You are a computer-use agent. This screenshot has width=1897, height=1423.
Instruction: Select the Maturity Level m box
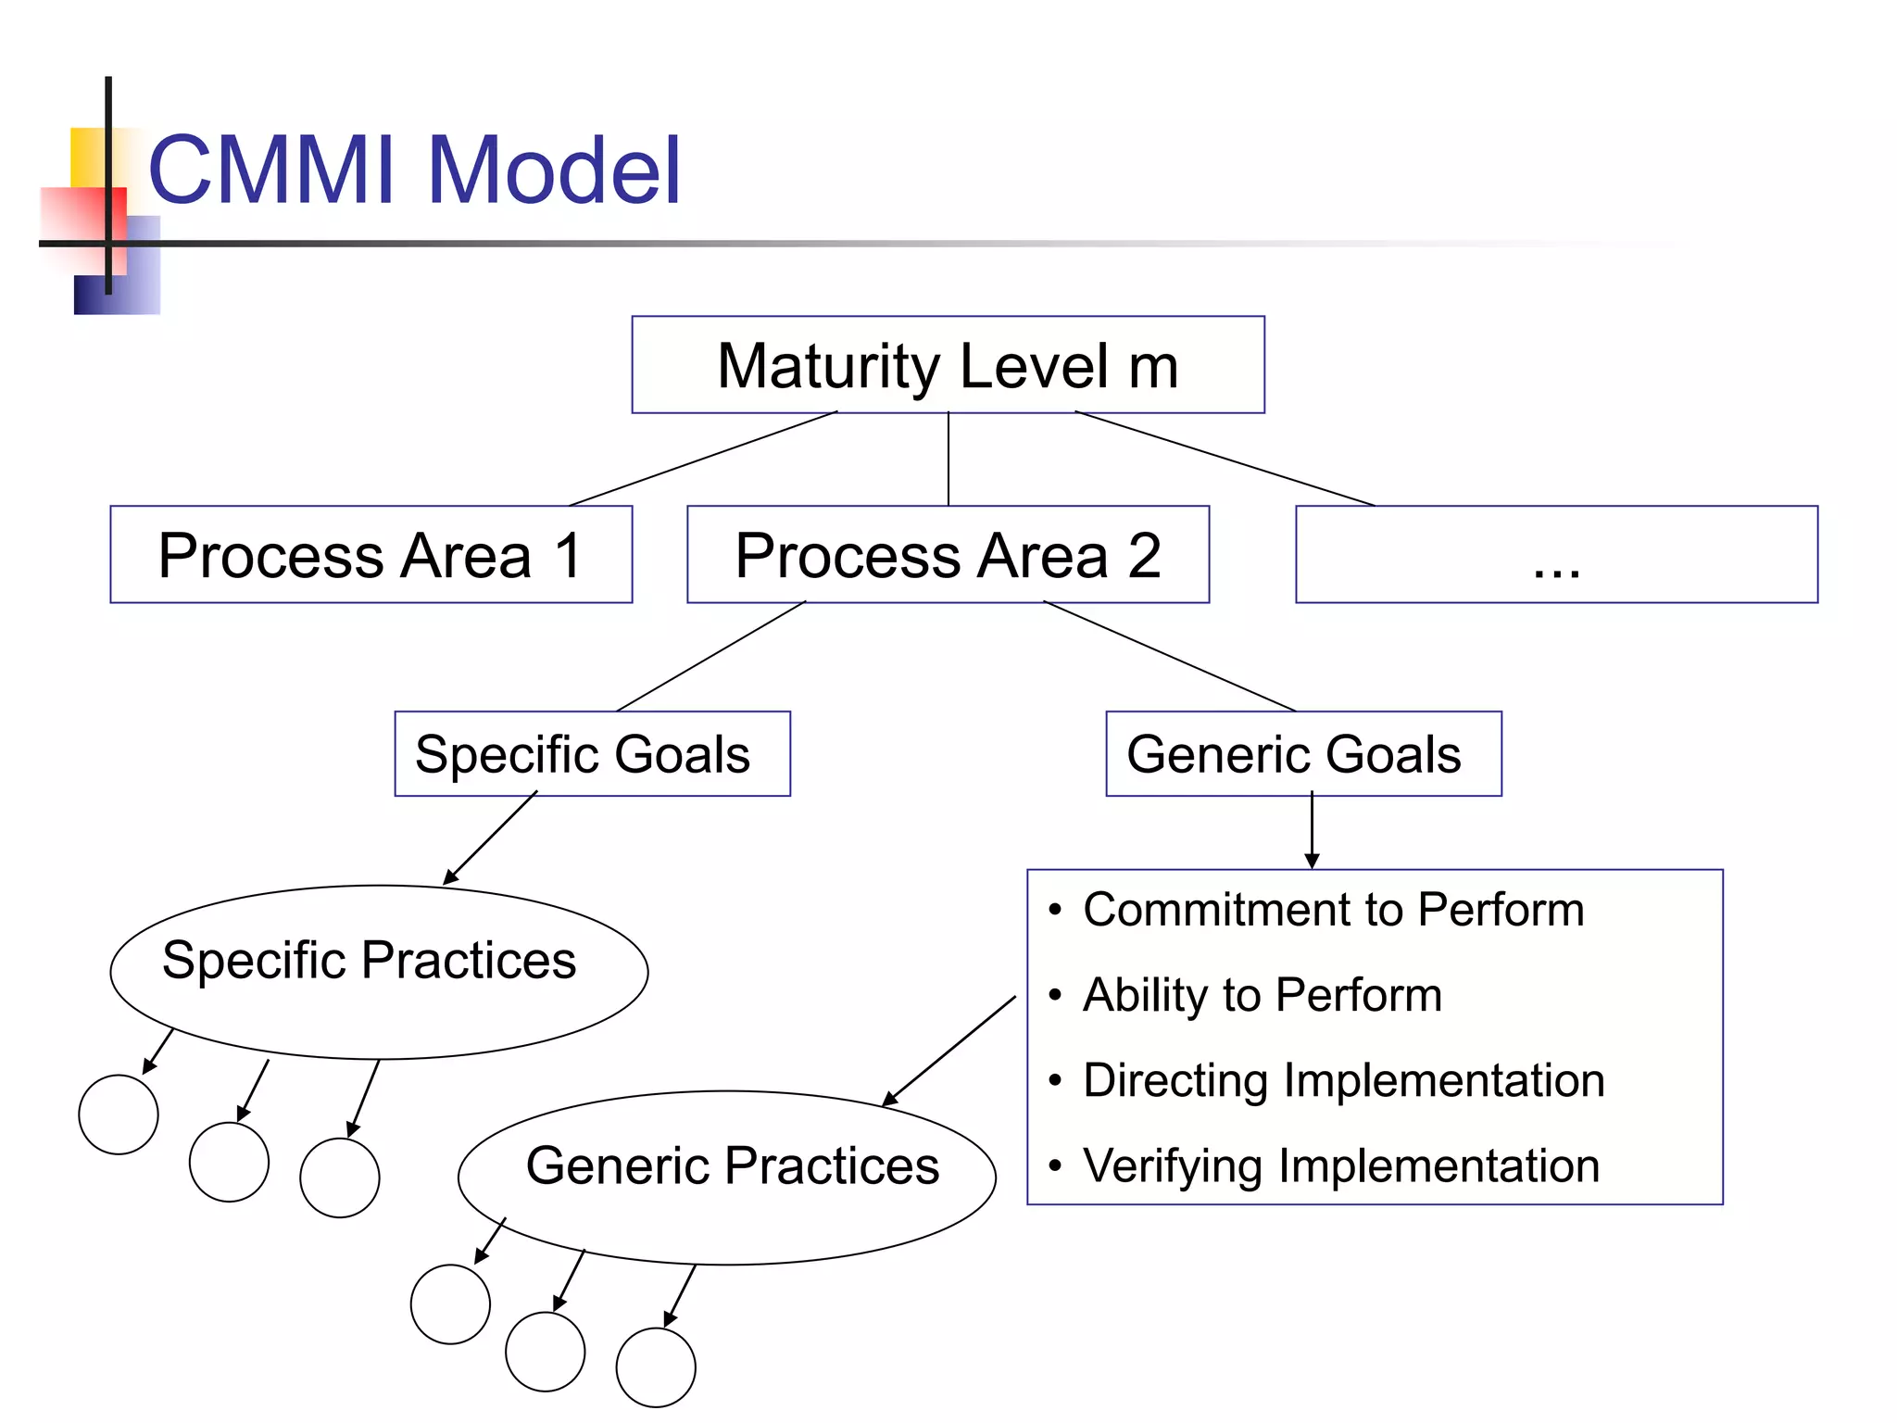(948, 365)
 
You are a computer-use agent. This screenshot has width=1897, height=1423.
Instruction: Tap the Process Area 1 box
(371, 555)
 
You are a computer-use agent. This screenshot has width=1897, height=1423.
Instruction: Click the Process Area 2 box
(948, 555)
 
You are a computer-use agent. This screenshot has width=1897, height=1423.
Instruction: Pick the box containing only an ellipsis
(1556, 555)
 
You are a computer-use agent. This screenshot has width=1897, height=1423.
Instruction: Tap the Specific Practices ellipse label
(369, 961)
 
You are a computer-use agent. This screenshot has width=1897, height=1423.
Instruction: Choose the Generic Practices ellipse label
(732, 1166)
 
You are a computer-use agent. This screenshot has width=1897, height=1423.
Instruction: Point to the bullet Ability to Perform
(1262, 996)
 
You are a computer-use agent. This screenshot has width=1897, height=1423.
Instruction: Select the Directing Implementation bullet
(1343, 1081)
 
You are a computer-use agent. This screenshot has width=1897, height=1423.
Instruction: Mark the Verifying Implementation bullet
(1340, 1166)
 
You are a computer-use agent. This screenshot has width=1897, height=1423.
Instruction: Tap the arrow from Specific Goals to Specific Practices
(491, 838)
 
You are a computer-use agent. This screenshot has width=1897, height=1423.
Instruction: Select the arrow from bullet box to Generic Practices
(949, 1052)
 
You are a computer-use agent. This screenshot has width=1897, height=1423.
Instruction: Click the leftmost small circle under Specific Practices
(119, 1114)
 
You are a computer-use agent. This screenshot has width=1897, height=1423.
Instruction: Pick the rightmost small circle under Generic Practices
(656, 1367)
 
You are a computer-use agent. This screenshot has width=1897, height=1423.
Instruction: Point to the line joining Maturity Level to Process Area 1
(704, 459)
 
